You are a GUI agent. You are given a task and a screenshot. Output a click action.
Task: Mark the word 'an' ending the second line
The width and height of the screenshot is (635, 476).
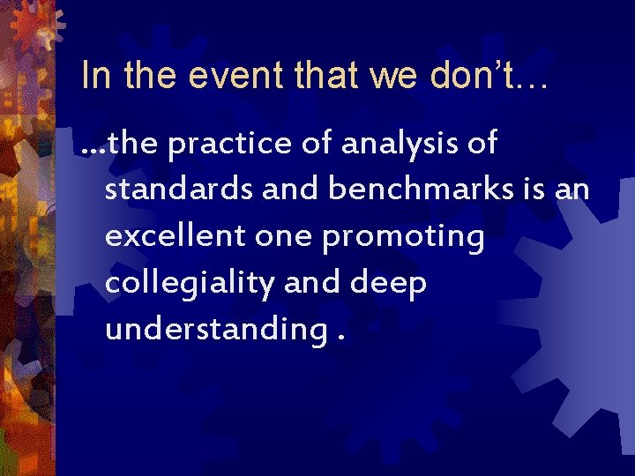[x=572, y=191]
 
